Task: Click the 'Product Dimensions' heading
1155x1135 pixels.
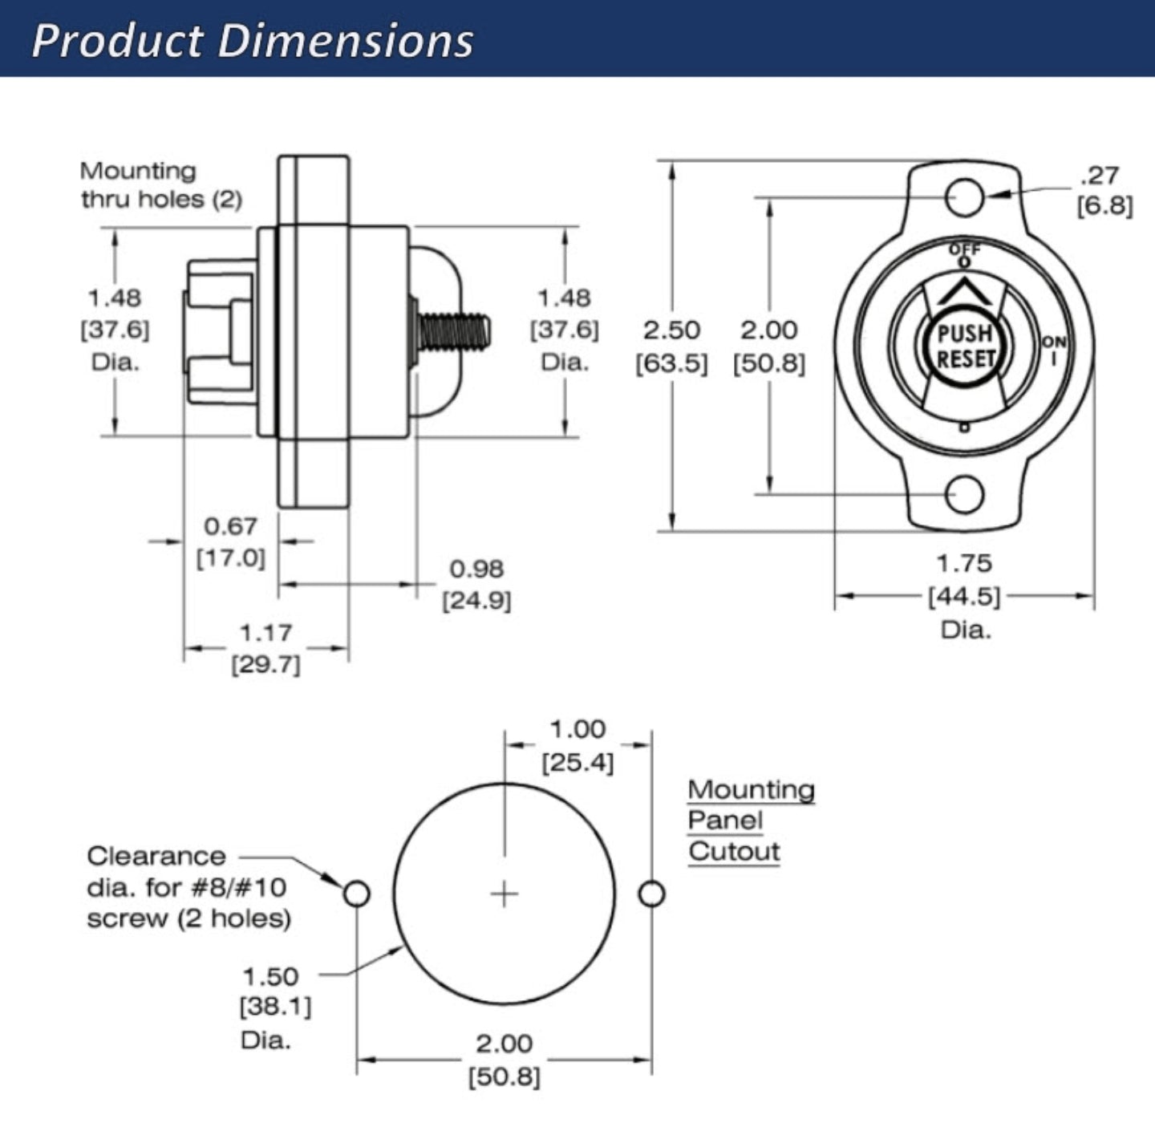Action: tap(253, 40)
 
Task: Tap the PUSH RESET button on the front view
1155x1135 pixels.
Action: tap(965, 346)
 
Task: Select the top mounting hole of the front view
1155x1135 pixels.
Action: tap(964, 197)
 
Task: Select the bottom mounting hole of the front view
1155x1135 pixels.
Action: tap(964, 494)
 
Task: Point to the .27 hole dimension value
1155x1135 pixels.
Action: tap(1100, 176)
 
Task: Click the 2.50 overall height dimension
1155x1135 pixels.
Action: tap(671, 330)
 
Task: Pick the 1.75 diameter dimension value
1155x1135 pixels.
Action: tap(964, 564)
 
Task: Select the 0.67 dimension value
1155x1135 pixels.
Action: tap(230, 527)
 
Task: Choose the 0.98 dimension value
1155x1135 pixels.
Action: tap(476, 570)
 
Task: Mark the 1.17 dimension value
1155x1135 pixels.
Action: tap(265, 634)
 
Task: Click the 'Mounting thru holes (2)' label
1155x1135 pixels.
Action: tap(160, 185)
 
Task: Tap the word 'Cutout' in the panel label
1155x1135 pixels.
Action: tap(734, 852)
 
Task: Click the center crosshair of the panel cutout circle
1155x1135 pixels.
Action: tap(504, 894)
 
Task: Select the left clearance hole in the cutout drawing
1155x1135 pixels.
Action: tap(356, 893)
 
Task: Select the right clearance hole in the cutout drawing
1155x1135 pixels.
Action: tap(651, 893)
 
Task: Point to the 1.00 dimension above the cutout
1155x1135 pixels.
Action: tap(577, 730)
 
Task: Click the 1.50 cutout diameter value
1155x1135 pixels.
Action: tap(270, 977)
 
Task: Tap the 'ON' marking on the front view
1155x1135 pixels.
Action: tap(1054, 343)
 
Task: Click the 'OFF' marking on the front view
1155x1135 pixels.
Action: tap(964, 249)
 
